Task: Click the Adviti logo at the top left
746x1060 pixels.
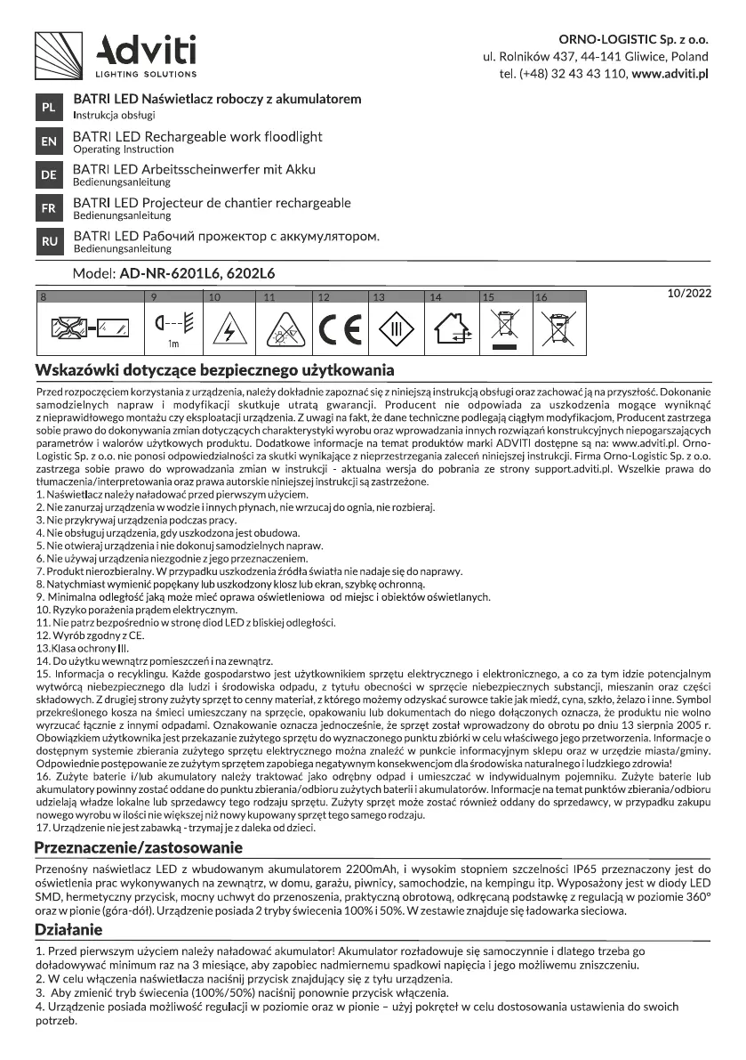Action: click(x=116, y=55)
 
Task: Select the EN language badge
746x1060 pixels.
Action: click(x=49, y=142)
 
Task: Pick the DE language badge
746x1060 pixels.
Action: click(x=49, y=174)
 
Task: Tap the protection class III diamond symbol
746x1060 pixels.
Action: click(x=394, y=328)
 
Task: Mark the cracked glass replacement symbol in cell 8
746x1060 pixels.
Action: click(x=89, y=329)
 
